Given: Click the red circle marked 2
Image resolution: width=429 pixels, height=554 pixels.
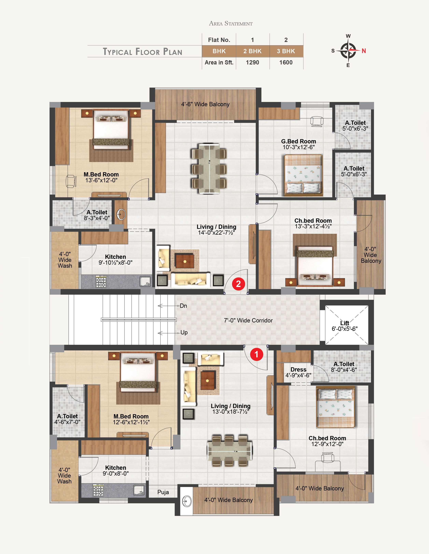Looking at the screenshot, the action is (238, 284).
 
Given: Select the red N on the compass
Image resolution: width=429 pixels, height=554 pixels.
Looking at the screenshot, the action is (364, 51).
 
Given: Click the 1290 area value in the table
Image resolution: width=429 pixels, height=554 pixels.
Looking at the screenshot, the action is (252, 62).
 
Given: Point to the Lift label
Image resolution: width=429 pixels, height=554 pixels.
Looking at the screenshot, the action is (345, 323).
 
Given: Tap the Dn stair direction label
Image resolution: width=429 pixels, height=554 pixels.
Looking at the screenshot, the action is (183, 306).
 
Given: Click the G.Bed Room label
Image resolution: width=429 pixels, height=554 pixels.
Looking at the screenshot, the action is (299, 141).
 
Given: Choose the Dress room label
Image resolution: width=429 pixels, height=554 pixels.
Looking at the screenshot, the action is (298, 369).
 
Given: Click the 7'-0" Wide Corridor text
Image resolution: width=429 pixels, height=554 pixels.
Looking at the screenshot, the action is (248, 320).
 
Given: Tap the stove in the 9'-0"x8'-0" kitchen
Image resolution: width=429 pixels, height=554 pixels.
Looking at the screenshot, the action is (98, 490).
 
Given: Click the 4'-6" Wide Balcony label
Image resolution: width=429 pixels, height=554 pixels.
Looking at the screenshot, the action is (205, 104).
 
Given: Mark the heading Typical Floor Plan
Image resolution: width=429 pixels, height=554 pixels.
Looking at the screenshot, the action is (143, 51).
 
